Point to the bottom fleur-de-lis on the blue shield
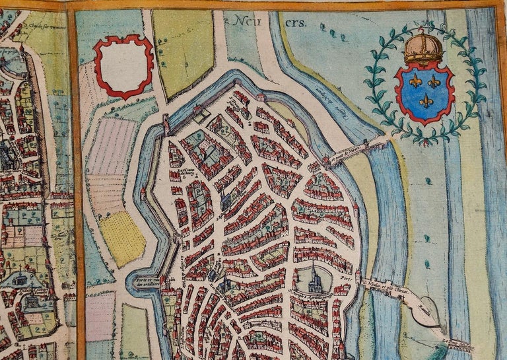point(426,101)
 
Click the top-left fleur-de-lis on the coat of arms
point(415,81)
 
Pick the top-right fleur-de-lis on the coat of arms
point(434,81)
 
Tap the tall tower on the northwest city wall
point(166,124)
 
